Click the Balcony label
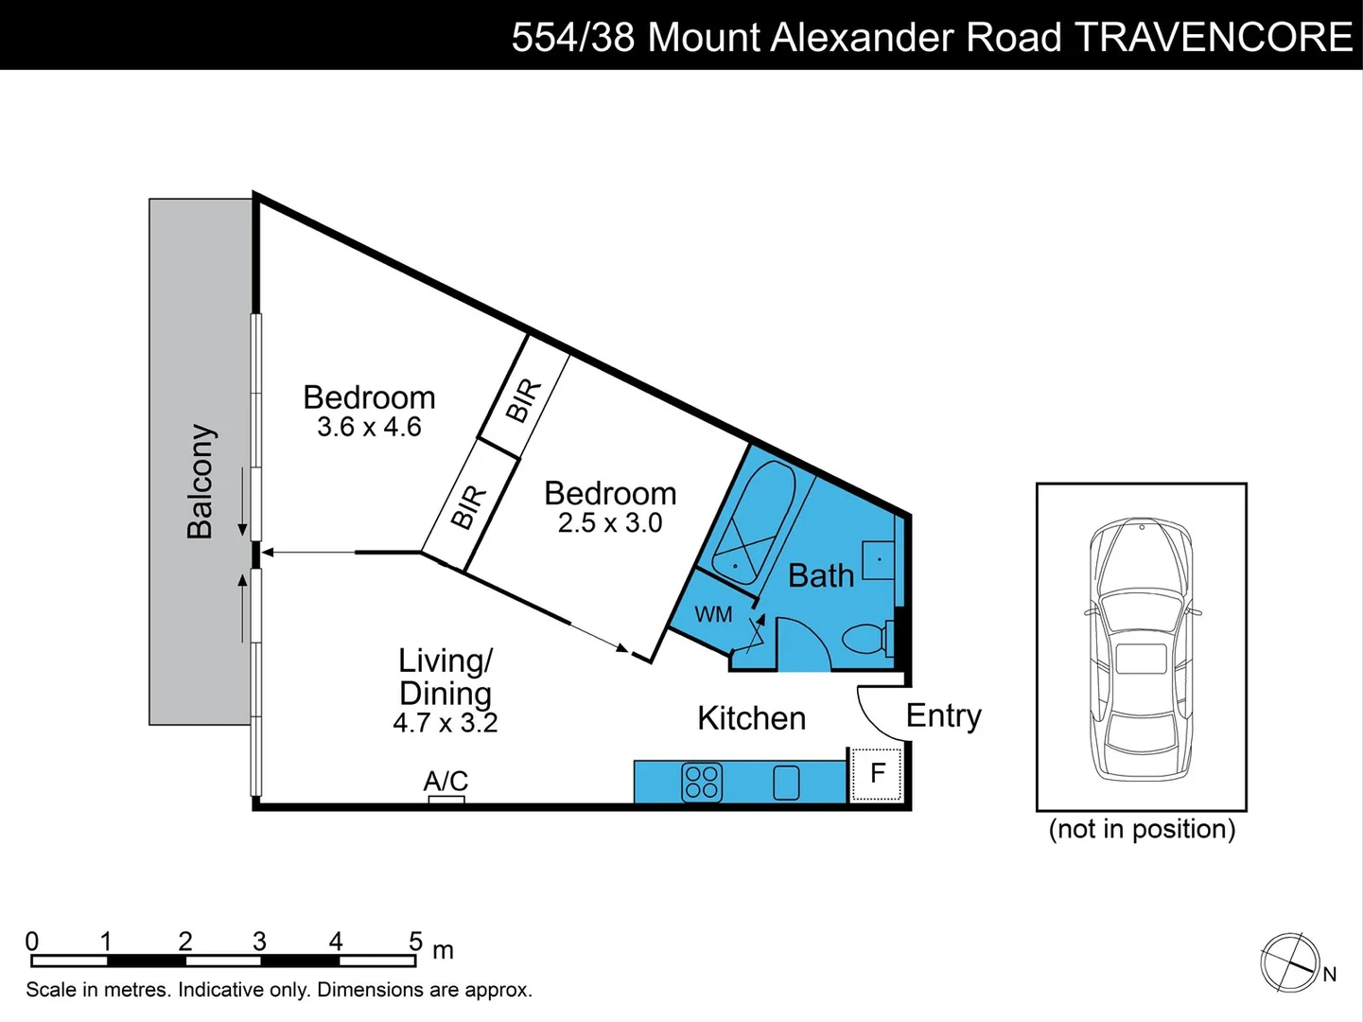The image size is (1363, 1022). coord(200,482)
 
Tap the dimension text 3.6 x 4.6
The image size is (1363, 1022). coord(369,428)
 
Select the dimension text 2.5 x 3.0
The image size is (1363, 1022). coord(610,523)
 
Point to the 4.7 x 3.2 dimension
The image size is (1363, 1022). coord(445,723)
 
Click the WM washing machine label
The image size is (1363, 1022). coord(713,614)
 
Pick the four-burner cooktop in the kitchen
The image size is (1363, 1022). coord(702,783)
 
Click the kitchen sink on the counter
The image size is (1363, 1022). coord(786,783)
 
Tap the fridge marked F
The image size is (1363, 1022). coord(877,774)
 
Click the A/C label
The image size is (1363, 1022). coord(446,781)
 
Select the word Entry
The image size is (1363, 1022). coord(943,715)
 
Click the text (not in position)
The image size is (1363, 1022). coord(1142,829)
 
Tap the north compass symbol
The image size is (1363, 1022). coord(1290,963)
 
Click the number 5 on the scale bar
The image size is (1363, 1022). coord(415,941)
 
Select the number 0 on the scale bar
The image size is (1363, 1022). coord(32,941)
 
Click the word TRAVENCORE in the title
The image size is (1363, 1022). coord(1214,37)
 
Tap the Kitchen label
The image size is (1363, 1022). coord(751,718)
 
